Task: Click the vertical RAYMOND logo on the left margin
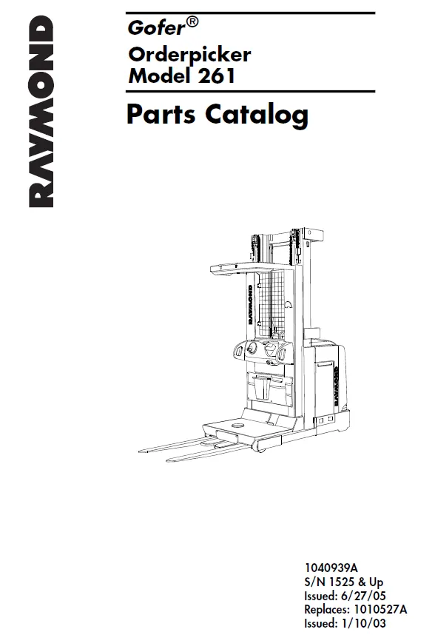[41, 112]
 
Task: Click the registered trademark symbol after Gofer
[192, 22]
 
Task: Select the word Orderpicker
[189, 55]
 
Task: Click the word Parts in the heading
[161, 114]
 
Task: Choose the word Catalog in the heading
[257, 115]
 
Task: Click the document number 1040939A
[331, 568]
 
